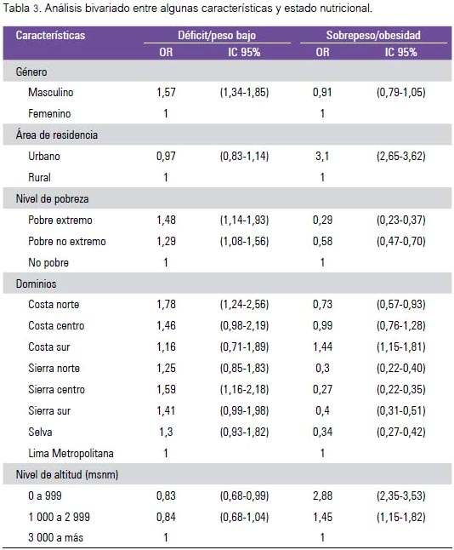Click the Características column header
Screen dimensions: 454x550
tap(50, 36)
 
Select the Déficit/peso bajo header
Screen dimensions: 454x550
tap(217, 36)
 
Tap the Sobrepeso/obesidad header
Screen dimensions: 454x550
tap(373, 36)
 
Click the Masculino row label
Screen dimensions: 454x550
tap(51, 92)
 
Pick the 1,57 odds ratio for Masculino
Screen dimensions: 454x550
tap(166, 92)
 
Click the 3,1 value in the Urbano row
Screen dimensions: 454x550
tap(322, 156)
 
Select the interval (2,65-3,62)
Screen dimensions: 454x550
tap(401, 156)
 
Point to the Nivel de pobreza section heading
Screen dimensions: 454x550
tap(52, 199)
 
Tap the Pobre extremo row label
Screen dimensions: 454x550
tap(60, 220)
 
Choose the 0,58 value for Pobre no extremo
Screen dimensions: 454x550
tap(322, 241)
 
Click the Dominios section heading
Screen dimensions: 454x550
tap(36, 284)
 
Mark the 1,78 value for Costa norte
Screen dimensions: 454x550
tap(166, 304)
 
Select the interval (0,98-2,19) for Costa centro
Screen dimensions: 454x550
tap(244, 325)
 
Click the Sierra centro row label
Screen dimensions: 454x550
tap(56, 389)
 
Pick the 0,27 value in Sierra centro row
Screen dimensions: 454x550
tap(322, 389)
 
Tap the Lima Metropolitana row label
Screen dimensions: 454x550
tap(71, 453)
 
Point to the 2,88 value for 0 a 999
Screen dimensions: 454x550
tap(322, 496)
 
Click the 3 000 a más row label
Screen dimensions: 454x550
tap(56, 537)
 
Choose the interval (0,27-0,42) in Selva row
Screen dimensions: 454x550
tap(401, 432)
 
